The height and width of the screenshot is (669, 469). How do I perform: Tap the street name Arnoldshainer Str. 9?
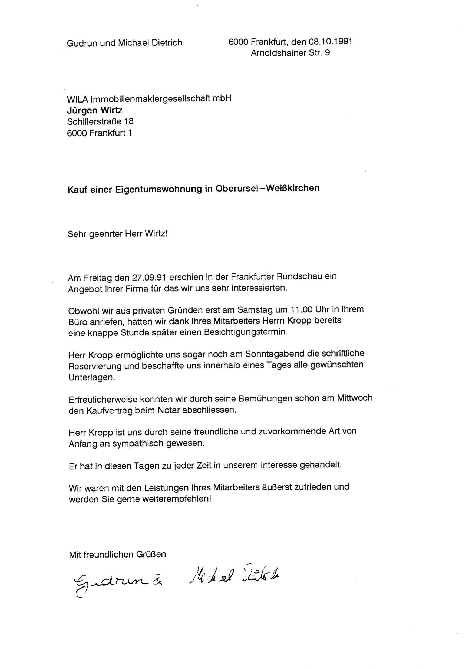[x=290, y=53]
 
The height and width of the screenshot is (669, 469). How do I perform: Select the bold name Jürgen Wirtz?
[x=95, y=110]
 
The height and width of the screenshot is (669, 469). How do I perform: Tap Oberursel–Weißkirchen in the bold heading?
[x=267, y=188]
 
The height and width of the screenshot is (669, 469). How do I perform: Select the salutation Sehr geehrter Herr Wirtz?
[x=117, y=234]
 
